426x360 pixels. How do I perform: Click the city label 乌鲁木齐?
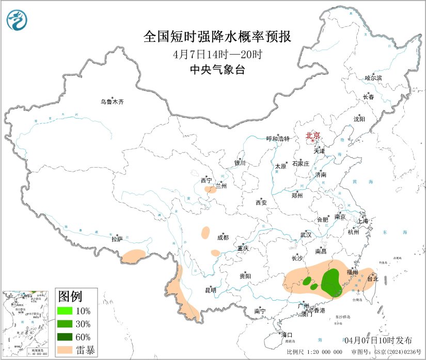pyautogui.click(x=112, y=102)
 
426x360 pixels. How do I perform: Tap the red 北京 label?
pyautogui.click(x=313, y=136)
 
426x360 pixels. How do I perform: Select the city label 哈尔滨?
pyautogui.click(x=373, y=78)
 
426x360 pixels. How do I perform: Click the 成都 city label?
pyautogui.click(x=223, y=238)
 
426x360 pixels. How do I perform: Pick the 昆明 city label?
pyautogui.click(x=210, y=290)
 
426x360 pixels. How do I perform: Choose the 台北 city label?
pyautogui.click(x=372, y=279)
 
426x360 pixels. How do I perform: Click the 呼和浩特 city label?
pyautogui.click(x=278, y=139)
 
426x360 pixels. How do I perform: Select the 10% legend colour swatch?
pyautogui.click(x=65, y=311)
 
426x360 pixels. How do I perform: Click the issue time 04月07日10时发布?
pyautogui.click(x=378, y=340)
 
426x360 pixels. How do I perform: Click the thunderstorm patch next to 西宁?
pyautogui.click(x=210, y=190)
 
